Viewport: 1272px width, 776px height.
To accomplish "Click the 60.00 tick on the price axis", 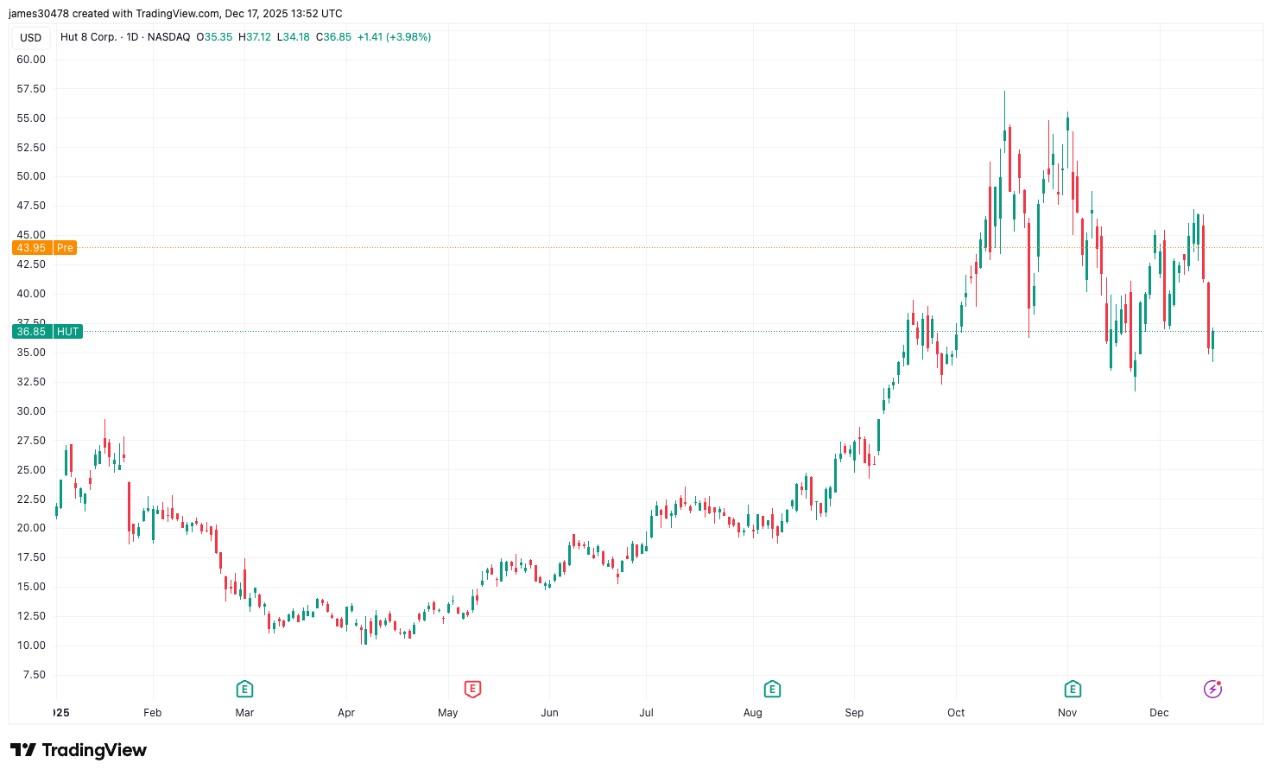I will pos(31,60).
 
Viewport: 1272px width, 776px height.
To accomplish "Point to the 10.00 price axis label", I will pos(31,646).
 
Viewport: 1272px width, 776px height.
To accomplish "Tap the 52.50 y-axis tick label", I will pos(31,148).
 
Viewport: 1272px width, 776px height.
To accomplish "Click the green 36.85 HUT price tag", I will pos(47,332).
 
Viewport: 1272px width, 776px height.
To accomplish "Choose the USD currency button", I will pos(31,37).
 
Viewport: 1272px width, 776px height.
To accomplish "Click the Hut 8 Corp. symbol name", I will pos(88,37).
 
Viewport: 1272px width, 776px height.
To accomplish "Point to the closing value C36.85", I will pos(333,37).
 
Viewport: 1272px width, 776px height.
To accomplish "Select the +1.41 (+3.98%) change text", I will pos(394,37).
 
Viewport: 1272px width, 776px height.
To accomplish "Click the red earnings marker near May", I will pos(472,689).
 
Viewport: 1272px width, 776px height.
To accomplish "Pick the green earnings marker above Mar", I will pos(244,689).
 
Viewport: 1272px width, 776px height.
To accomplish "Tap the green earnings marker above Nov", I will pos(1073,689).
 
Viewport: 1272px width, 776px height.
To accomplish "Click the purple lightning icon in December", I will pos(1213,689).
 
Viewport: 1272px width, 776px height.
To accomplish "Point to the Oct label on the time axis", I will pos(956,713).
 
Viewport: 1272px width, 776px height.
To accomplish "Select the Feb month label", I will pos(153,713).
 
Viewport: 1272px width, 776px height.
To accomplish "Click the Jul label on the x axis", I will pos(646,713).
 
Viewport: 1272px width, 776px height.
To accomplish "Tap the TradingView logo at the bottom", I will pos(79,750).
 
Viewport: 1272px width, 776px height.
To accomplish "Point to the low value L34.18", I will pos(294,37).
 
